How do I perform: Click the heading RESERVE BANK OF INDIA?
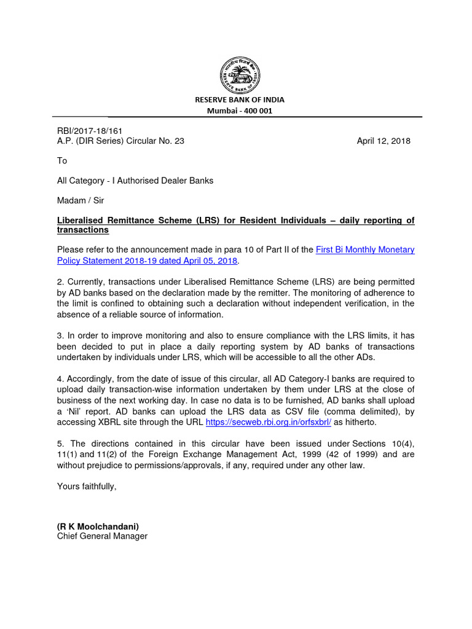click(x=240, y=100)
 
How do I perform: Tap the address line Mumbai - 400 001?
click(x=240, y=111)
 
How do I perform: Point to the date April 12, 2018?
click(x=383, y=141)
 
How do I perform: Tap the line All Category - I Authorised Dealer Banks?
click(x=135, y=181)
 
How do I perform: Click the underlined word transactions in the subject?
click(x=83, y=230)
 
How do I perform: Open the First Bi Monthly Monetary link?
click(x=365, y=249)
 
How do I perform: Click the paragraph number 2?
click(x=60, y=280)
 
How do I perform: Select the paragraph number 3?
click(x=60, y=336)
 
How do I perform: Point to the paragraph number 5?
click(x=60, y=443)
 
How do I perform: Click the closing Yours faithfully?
click(x=87, y=486)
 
